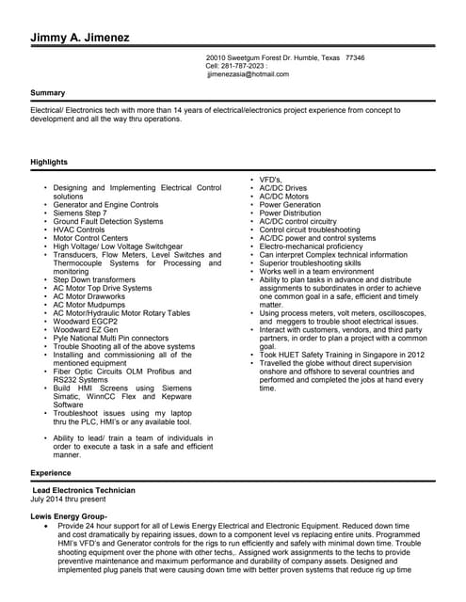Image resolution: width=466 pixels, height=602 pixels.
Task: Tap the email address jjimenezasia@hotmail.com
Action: click(248, 74)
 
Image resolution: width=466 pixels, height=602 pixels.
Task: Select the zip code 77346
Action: click(355, 57)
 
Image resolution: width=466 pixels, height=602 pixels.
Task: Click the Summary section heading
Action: click(48, 93)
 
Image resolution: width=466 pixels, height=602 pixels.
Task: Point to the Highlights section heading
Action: click(50, 163)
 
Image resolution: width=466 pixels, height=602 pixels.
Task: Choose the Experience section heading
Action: click(51, 472)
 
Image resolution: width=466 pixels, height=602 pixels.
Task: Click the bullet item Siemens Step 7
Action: click(80, 213)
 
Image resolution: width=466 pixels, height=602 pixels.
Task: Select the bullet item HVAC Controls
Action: click(79, 230)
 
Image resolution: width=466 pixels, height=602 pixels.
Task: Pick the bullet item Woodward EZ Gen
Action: click(86, 329)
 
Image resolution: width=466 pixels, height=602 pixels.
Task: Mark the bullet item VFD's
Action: click(275, 180)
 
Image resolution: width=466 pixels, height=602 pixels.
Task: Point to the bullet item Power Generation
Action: click(290, 204)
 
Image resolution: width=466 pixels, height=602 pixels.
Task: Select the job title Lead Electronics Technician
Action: click(84, 490)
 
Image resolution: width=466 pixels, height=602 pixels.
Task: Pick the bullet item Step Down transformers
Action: click(94, 279)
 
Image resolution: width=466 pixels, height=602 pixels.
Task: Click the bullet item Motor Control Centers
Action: click(90, 238)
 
